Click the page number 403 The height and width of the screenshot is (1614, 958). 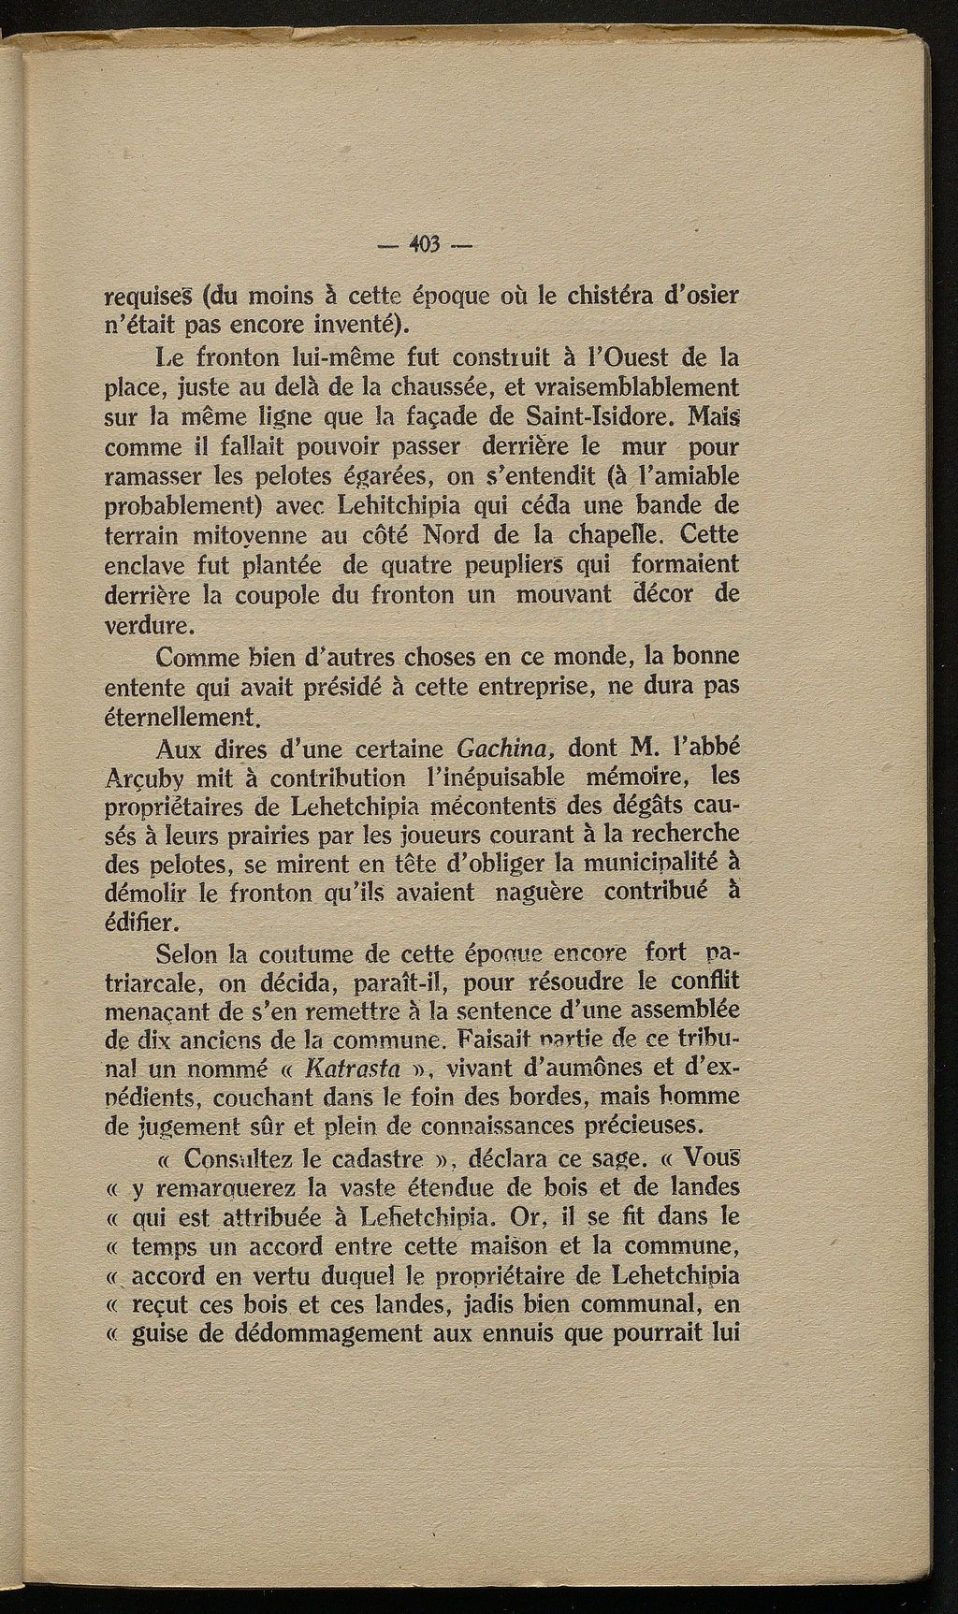tap(426, 246)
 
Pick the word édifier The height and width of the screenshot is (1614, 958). tap(139, 923)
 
